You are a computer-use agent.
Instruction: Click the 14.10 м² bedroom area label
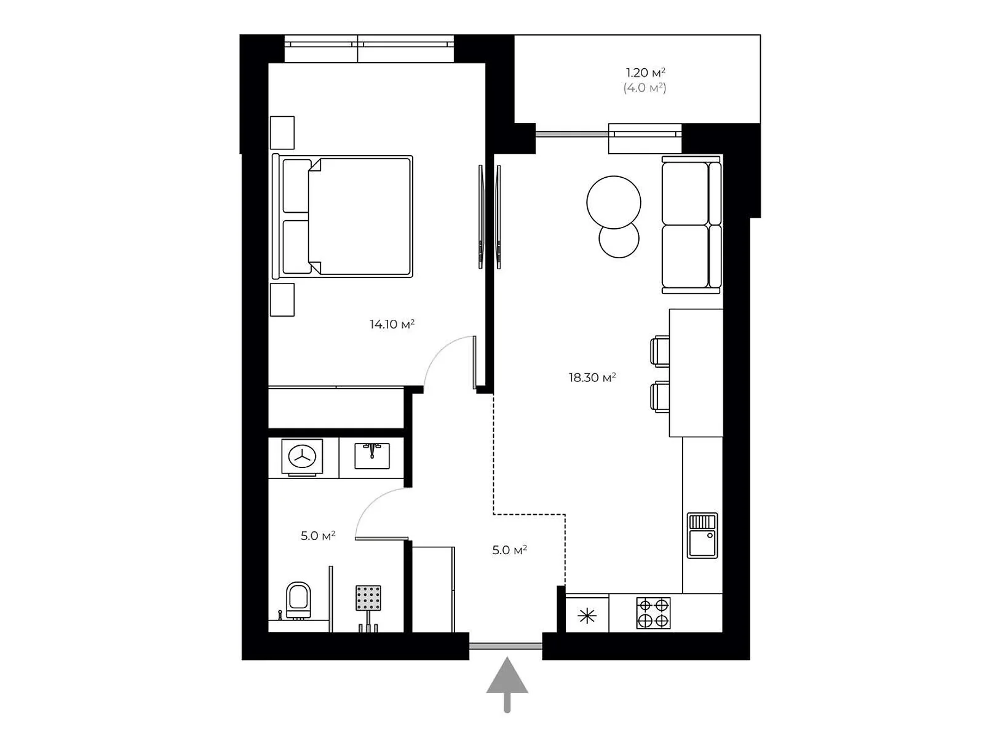point(391,323)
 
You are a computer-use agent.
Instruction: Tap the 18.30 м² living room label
point(592,377)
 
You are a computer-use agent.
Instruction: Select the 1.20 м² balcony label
point(645,72)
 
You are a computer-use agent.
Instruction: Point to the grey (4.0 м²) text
point(645,88)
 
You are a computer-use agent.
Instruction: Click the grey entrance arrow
point(507,684)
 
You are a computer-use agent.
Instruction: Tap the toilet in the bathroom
point(298,600)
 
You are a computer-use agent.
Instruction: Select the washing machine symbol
point(302,456)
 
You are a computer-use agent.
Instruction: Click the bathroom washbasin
point(371,456)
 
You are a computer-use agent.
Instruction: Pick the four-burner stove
point(653,613)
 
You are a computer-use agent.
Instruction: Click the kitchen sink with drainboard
point(702,536)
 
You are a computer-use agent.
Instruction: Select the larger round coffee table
point(613,202)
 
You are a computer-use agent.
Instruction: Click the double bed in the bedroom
point(342,216)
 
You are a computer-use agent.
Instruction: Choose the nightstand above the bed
point(282,133)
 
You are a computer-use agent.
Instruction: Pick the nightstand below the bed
point(282,300)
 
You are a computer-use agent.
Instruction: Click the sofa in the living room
point(691,225)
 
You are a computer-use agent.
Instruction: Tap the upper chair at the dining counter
point(660,351)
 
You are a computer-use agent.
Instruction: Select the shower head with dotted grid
point(368,598)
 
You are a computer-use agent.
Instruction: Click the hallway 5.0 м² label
point(509,550)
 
